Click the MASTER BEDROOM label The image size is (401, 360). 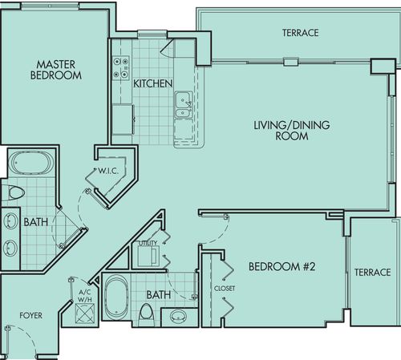(56, 70)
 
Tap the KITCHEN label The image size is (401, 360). (152, 83)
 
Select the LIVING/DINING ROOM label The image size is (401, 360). (292, 131)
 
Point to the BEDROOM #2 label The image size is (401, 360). (282, 266)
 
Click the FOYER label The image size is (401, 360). (30, 315)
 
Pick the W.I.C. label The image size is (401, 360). (108, 171)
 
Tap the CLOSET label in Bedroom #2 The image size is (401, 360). (225, 289)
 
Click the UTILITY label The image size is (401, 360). (148, 243)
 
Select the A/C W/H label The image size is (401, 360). (85, 296)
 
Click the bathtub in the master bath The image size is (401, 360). (30, 163)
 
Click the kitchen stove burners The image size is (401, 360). (121, 67)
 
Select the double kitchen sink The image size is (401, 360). (184, 104)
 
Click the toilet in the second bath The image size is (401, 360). (147, 315)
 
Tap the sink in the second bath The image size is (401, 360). (179, 316)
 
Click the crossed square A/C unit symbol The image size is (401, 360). (85, 313)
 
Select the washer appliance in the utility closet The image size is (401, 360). (148, 256)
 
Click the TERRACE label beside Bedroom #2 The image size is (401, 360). (372, 273)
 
